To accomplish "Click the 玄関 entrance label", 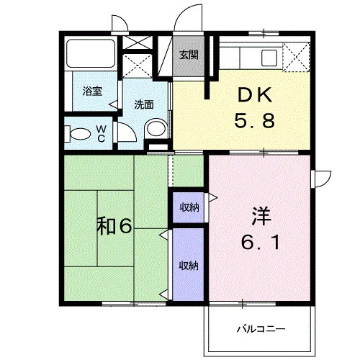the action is [189, 55].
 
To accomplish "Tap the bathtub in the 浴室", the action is [91, 53].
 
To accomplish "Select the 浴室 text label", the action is [92, 91].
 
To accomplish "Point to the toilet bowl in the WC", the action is [80, 134].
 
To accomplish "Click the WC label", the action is [102, 134].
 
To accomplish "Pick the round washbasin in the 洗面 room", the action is [157, 128].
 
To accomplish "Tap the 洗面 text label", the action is [144, 105].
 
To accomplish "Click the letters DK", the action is [255, 95].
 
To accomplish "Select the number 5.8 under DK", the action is [254, 120].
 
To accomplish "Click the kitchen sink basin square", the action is [269, 58].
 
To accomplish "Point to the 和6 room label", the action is [114, 226].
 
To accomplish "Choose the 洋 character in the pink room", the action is [261, 217].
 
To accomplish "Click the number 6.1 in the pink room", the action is [261, 242].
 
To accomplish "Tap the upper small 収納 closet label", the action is [189, 207].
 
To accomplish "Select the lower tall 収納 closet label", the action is [189, 266].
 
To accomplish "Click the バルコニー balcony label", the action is [261, 328].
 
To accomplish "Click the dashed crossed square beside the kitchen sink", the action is [297, 57].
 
